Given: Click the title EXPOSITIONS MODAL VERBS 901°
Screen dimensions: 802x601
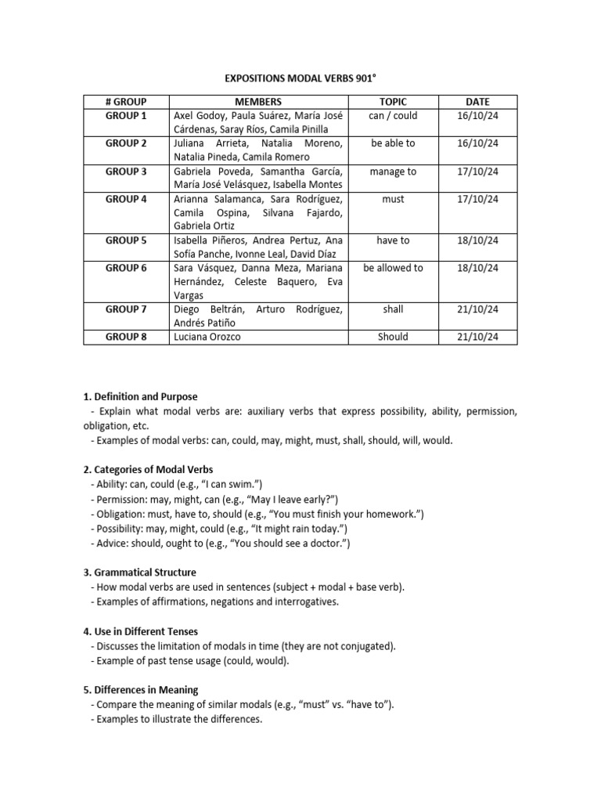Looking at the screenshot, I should pos(300,79).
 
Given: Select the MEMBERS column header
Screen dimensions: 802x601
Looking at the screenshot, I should pos(258,102).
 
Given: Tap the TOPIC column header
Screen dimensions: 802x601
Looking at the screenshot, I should pos(393,102).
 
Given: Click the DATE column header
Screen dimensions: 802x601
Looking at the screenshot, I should pos(477,102).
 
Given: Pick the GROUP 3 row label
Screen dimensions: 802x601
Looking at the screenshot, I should pos(126,172).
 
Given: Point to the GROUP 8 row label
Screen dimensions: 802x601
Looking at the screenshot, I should pos(126,338).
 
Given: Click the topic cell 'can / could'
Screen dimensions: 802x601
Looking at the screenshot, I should pos(393,116).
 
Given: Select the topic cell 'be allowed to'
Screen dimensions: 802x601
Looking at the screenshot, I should pos(393,268).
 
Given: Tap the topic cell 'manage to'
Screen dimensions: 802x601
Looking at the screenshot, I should pos(393,172).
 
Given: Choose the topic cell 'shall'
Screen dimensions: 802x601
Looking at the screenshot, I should pos(393,309).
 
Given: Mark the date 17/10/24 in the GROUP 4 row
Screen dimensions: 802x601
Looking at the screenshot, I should pos(477,199).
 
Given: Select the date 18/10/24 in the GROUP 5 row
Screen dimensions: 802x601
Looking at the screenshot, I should pos(477,240).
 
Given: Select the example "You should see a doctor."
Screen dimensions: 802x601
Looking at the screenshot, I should pos(286,543).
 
